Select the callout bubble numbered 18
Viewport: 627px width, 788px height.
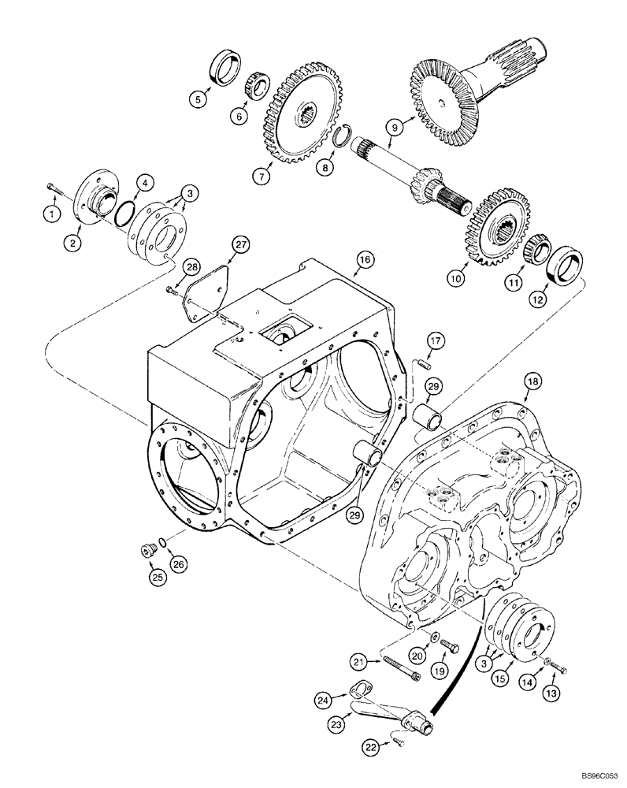(533, 381)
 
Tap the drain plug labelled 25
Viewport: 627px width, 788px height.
(147, 552)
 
